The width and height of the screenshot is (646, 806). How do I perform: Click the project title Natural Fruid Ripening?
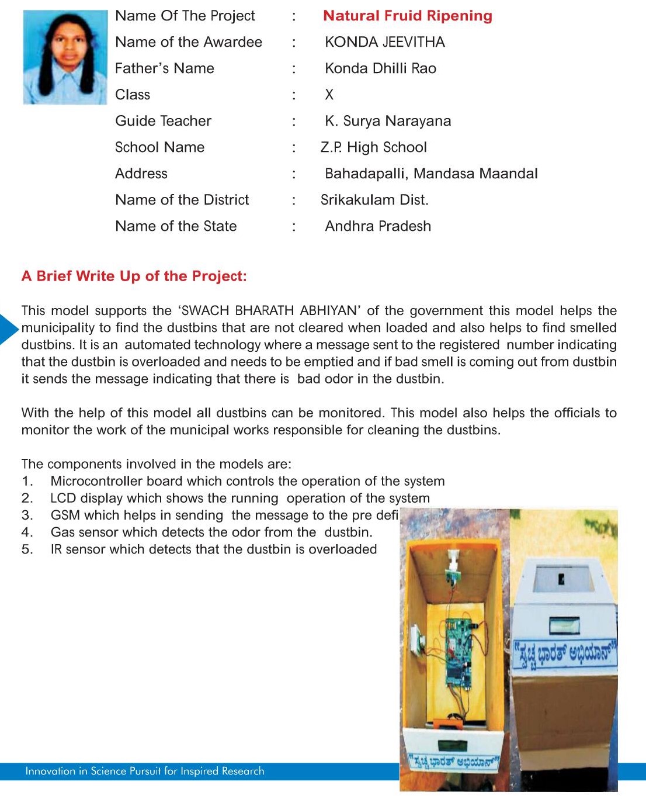tap(407, 16)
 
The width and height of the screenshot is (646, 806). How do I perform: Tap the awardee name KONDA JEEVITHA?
tap(384, 42)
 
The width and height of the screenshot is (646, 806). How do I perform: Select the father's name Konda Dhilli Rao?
tap(380, 68)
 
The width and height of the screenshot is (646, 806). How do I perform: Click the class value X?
tap(329, 95)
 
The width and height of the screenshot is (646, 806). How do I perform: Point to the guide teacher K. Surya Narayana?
tap(388, 121)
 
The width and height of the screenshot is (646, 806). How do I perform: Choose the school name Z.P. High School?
tap(374, 147)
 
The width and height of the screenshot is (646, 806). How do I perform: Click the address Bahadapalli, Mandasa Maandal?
tap(431, 174)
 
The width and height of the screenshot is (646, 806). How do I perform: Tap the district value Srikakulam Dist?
tap(374, 200)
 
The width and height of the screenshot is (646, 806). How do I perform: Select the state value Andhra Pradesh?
tap(378, 226)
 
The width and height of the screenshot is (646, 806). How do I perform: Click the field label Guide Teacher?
tap(163, 121)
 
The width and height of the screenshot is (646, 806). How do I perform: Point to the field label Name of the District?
tap(182, 200)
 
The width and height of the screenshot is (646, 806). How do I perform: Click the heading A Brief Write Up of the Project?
tap(134, 276)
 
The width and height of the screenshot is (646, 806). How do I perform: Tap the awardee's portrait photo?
tap(65, 57)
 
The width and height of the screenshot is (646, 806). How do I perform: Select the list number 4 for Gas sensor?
tap(27, 532)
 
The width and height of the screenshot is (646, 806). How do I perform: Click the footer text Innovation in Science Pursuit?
tap(144, 772)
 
